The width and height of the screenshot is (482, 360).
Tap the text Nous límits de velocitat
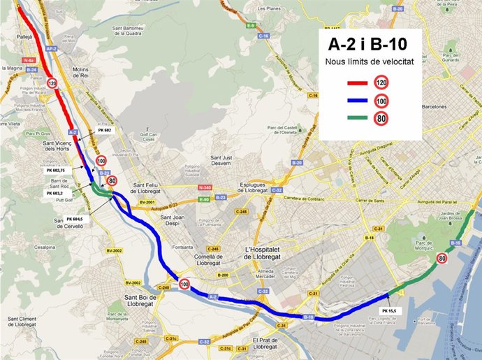pos(369,63)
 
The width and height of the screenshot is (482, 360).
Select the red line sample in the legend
pos(357,83)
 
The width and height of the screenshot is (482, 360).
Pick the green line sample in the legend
pos(357,118)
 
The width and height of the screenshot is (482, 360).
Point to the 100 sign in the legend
pos(382,101)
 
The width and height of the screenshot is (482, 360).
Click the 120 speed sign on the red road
pos(52,83)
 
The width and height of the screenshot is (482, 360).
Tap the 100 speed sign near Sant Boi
pos(184,284)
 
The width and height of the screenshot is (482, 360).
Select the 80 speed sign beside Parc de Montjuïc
pos(441,259)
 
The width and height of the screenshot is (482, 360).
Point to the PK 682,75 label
pos(56,170)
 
